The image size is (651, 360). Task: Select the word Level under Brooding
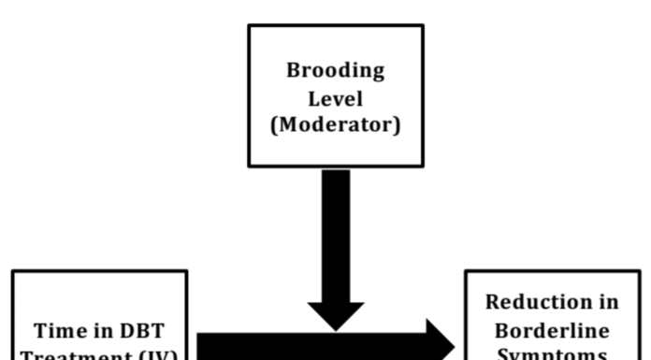[x=336, y=98]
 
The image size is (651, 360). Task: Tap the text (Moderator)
[x=335, y=124]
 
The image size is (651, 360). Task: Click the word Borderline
[x=552, y=330]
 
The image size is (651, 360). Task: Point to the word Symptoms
[x=552, y=354]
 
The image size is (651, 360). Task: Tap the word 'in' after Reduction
[x=608, y=303]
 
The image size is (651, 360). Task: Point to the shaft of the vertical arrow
[x=336, y=234]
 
